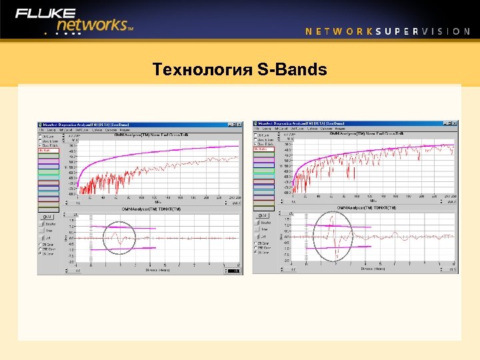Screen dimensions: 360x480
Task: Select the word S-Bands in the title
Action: click(292, 69)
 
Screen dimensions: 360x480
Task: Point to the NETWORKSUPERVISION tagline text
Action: click(387, 31)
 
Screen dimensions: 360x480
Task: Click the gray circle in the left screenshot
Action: click(119, 237)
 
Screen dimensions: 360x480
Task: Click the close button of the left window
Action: click(239, 124)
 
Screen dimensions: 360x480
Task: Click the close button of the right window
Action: click(455, 124)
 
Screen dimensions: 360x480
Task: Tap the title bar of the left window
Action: click(133, 124)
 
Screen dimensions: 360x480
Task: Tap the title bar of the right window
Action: click(347, 124)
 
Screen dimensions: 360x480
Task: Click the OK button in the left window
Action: click(47, 217)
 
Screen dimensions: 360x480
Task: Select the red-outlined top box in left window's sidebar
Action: click(49, 151)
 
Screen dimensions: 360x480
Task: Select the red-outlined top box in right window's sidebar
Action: click(265, 149)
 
